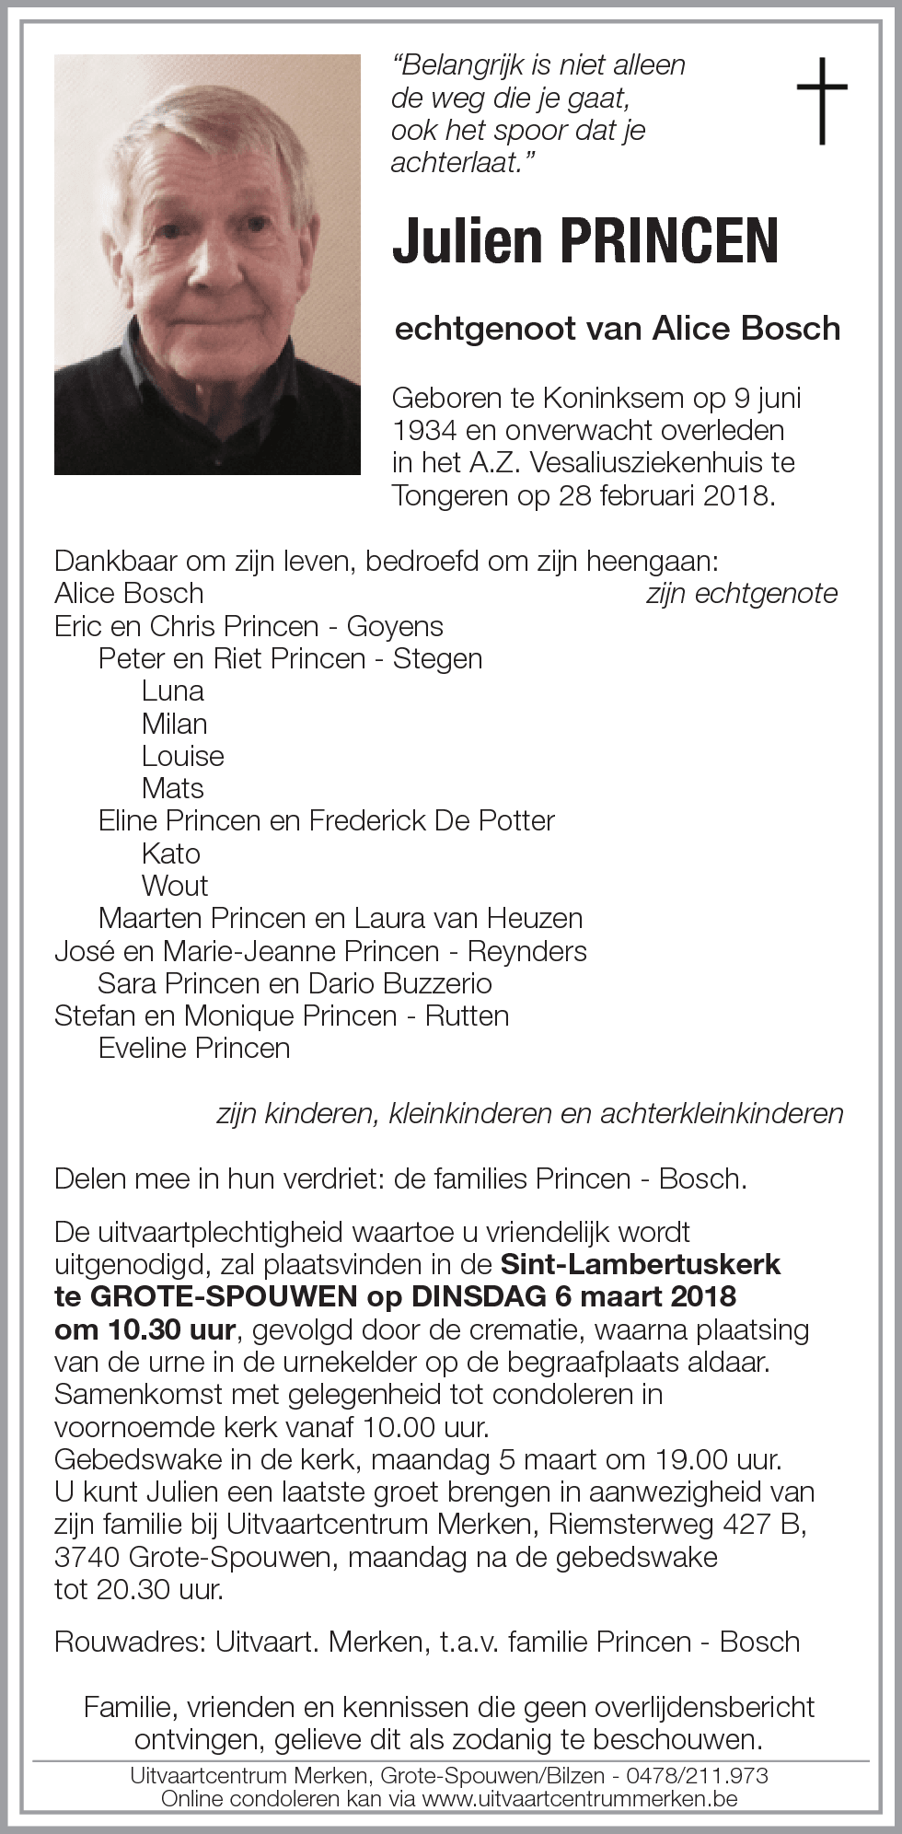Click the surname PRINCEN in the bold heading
669,242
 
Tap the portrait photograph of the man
207,265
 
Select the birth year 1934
425,431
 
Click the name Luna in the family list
173,691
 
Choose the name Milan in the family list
174,724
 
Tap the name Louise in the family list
182,756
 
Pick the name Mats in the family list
173,788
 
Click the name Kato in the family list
171,853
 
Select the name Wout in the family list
175,886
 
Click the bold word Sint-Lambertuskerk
641,1264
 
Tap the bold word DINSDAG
479,1296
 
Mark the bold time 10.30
138,1329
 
